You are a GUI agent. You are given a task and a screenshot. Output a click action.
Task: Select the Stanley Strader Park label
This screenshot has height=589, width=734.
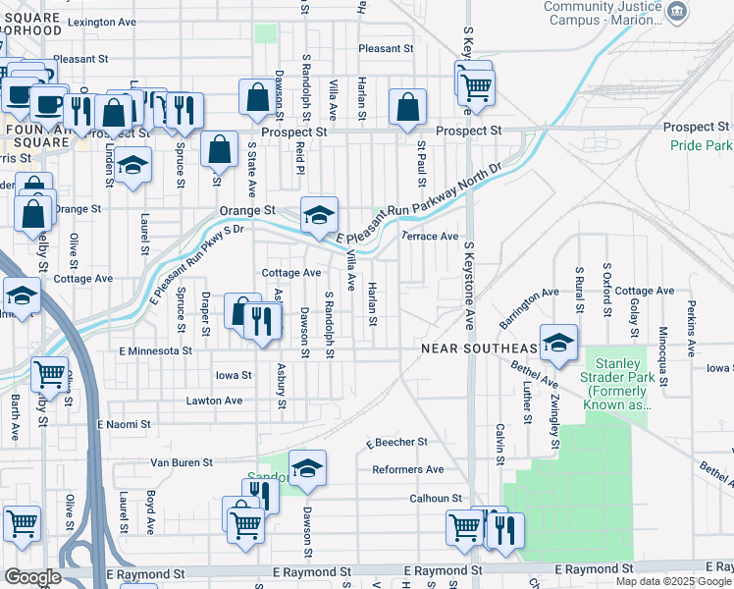611,377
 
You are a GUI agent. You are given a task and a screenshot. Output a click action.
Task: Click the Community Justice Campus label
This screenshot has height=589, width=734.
601,13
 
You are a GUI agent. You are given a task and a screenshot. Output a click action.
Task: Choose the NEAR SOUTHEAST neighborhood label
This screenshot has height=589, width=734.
480,348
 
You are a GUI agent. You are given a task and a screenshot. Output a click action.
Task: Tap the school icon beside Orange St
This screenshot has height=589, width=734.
319,216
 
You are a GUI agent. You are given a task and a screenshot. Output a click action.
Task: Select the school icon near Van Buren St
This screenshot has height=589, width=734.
307,469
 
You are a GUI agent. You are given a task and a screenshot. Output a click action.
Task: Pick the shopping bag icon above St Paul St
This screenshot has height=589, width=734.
407,108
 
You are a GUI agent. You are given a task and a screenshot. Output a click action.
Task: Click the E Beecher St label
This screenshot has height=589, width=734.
396,443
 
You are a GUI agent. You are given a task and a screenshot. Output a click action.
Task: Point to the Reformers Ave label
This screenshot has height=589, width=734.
408,470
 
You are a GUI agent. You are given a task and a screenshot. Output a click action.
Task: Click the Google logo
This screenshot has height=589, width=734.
32,577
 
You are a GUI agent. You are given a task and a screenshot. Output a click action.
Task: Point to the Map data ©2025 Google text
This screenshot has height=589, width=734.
673,581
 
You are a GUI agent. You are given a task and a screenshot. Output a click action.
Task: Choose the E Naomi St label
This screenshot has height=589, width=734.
124,424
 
